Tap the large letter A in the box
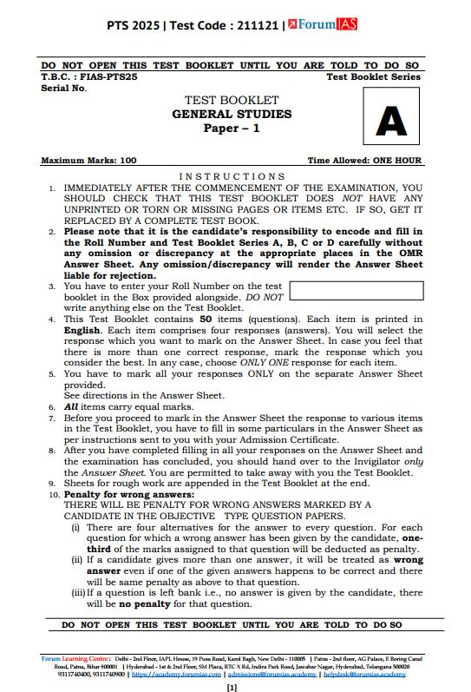pos(390,122)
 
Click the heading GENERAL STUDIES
pos(231,114)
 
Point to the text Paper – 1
pos(231,128)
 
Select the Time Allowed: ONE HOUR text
pos(364,161)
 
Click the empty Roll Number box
pos(355,292)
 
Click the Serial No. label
pos(63,88)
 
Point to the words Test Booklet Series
pos(373,76)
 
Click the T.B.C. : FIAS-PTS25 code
pos(90,76)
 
